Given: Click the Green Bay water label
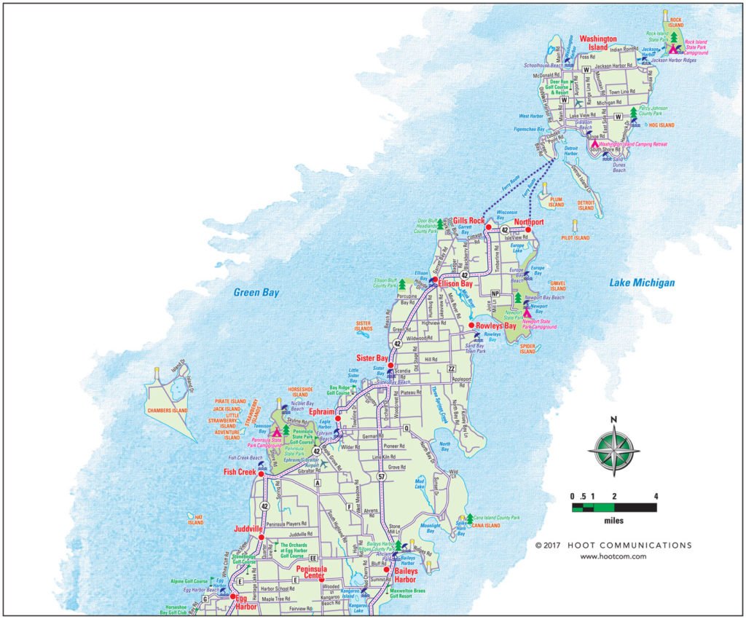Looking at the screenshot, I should pyautogui.click(x=256, y=293).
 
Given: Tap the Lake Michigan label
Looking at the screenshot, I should pyautogui.click(x=642, y=283).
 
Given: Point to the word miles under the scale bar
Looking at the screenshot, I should pyautogui.click(x=613, y=521).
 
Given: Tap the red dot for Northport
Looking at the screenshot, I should pyautogui.click(x=529, y=229).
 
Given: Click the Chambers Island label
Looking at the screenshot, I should pyautogui.click(x=168, y=411).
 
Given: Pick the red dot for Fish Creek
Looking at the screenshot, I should pyautogui.click(x=262, y=473).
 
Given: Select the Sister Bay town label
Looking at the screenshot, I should pyautogui.click(x=372, y=358).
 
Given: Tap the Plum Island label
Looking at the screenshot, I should pyautogui.click(x=556, y=202).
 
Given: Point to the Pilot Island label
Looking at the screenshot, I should pyautogui.click(x=575, y=238).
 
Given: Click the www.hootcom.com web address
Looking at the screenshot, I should pyautogui.click(x=613, y=556).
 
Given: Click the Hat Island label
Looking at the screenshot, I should pyautogui.click(x=195, y=519).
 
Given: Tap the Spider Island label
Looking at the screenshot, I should pyautogui.click(x=527, y=348).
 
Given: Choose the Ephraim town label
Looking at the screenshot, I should pyautogui.click(x=321, y=411).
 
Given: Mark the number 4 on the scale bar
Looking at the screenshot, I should pyautogui.click(x=656, y=497).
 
